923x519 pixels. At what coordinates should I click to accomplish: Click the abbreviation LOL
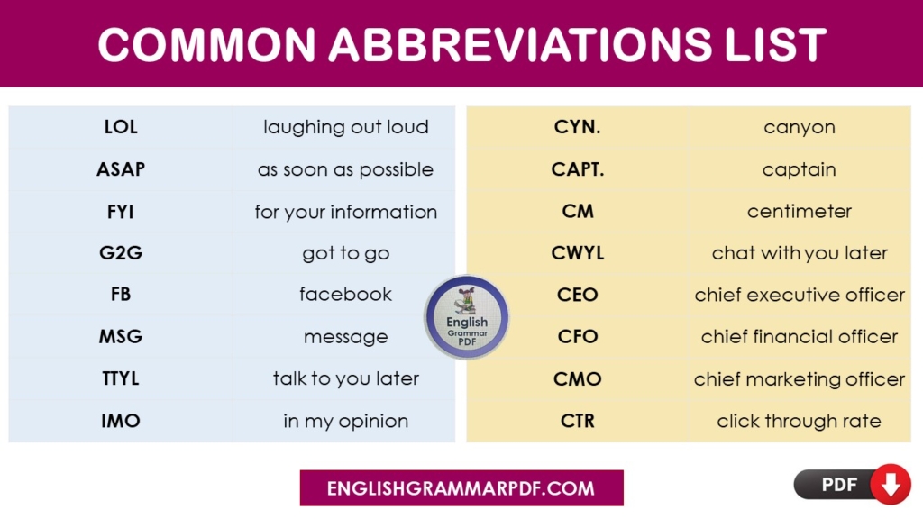click(121, 127)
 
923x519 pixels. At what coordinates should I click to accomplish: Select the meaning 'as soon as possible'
click(345, 169)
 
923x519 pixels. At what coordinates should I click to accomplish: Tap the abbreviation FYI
click(121, 212)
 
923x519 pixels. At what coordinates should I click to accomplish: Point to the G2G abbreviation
click(121, 253)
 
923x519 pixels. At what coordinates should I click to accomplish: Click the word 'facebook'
click(345, 295)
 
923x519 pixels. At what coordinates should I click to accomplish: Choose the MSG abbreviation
click(121, 337)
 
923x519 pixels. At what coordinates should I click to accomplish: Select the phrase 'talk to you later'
click(345, 378)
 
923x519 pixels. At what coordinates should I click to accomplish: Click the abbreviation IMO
click(121, 421)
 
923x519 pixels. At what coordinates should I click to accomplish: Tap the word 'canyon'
click(799, 127)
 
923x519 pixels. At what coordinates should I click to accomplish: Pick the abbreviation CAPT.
click(578, 169)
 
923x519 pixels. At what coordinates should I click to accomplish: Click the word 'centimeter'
click(799, 212)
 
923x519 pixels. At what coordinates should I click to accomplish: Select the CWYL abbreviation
click(578, 253)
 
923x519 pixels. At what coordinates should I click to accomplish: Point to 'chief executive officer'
click(799, 295)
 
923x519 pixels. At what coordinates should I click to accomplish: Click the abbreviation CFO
click(578, 337)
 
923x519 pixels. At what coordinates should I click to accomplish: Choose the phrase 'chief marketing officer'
click(799, 378)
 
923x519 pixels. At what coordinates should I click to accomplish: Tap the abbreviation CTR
click(578, 421)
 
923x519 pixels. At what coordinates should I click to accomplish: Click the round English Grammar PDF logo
click(467, 318)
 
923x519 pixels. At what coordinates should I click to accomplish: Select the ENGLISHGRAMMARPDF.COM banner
click(461, 488)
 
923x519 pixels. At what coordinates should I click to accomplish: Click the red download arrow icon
click(891, 486)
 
